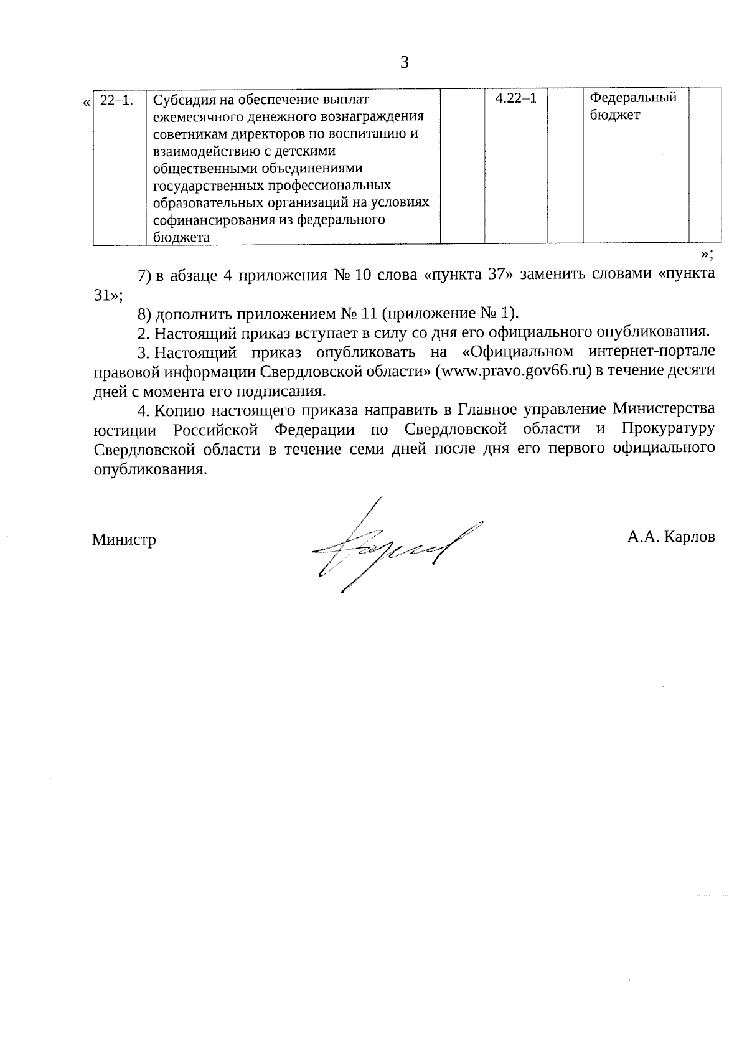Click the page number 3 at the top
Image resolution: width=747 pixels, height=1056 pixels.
coord(405,62)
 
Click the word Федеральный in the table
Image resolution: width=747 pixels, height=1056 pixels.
coord(632,98)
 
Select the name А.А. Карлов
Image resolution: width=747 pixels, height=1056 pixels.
coord(671,537)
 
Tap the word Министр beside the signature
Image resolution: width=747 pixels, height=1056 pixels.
coord(124,539)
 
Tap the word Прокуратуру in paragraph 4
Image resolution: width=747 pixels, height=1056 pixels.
coord(667,430)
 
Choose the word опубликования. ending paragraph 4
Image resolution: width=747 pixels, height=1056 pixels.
coord(149,469)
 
